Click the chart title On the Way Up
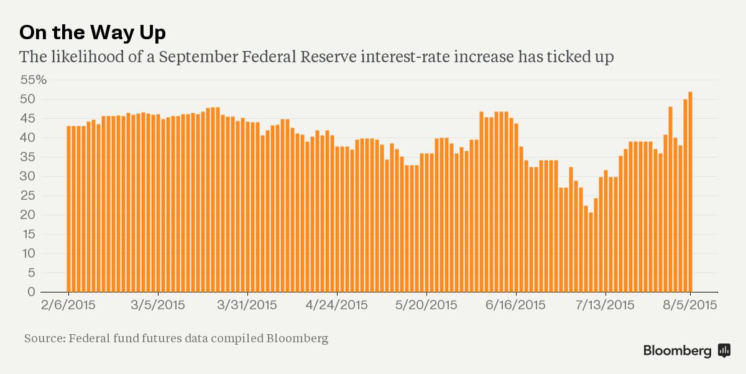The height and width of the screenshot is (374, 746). pos(93,32)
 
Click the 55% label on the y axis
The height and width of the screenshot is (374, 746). pos(34,80)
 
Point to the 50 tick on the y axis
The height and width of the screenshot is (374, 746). pos(29,100)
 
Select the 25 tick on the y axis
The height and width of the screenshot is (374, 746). pos(29,196)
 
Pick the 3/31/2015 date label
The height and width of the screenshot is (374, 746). pos(247,305)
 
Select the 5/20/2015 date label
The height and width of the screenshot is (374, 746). pos(426,305)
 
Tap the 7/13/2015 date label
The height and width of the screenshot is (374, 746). pos(605,305)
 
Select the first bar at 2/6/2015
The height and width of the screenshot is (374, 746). pos(69,209)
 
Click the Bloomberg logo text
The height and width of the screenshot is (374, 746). pos(677,350)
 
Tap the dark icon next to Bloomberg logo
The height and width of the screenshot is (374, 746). pos(724,350)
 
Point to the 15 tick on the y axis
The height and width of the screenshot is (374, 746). pos(29,235)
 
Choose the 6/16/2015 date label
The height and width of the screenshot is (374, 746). pos(515,305)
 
